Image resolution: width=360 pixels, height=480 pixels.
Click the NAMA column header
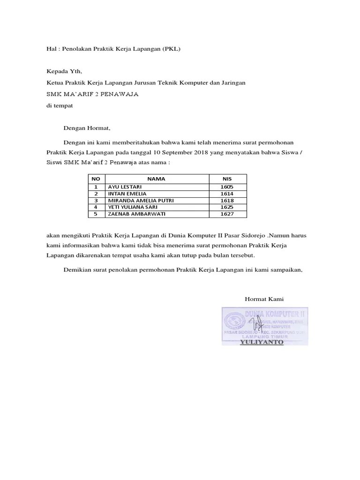pyautogui.click(x=156, y=179)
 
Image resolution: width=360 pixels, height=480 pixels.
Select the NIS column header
pyautogui.click(x=226, y=179)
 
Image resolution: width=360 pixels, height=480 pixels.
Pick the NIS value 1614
pyautogui.click(x=226, y=194)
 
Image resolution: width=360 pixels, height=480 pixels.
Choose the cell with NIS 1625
pyautogui.click(x=226, y=207)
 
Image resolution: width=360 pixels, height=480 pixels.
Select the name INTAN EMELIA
pyautogui.click(x=127, y=194)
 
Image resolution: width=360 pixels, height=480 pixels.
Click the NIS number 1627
pyautogui.click(x=226, y=214)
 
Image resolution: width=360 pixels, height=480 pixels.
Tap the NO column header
pyautogui.click(x=96, y=179)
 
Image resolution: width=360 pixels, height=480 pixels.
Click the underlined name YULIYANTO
pyautogui.click(x=262, y=342)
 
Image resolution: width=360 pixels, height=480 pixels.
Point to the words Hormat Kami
pyautogui.click(x=264, y=299)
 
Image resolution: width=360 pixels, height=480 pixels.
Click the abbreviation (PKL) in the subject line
pyautogui.click(x=172, y=49)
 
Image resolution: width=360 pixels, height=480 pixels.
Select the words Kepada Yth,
pyautogui.click(x=64, y=71)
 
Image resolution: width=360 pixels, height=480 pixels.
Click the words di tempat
pyautogui.click(x=60, y=105)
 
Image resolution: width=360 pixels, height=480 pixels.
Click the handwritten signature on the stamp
pyautogui.click(x=256, y=323)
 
